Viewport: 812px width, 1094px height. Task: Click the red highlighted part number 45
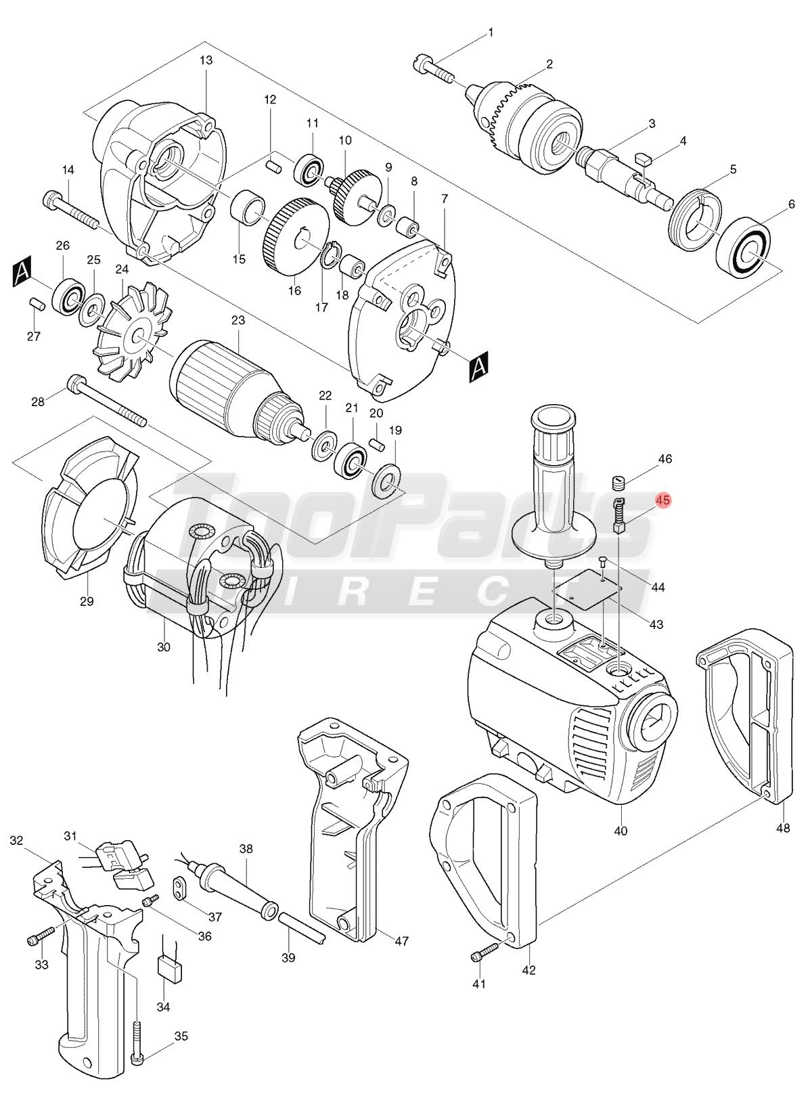coord(663,500)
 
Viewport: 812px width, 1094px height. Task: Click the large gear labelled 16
coord(297,236)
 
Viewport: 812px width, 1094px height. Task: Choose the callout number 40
coord(621,830)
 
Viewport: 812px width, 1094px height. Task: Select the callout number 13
coord(206,60)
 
